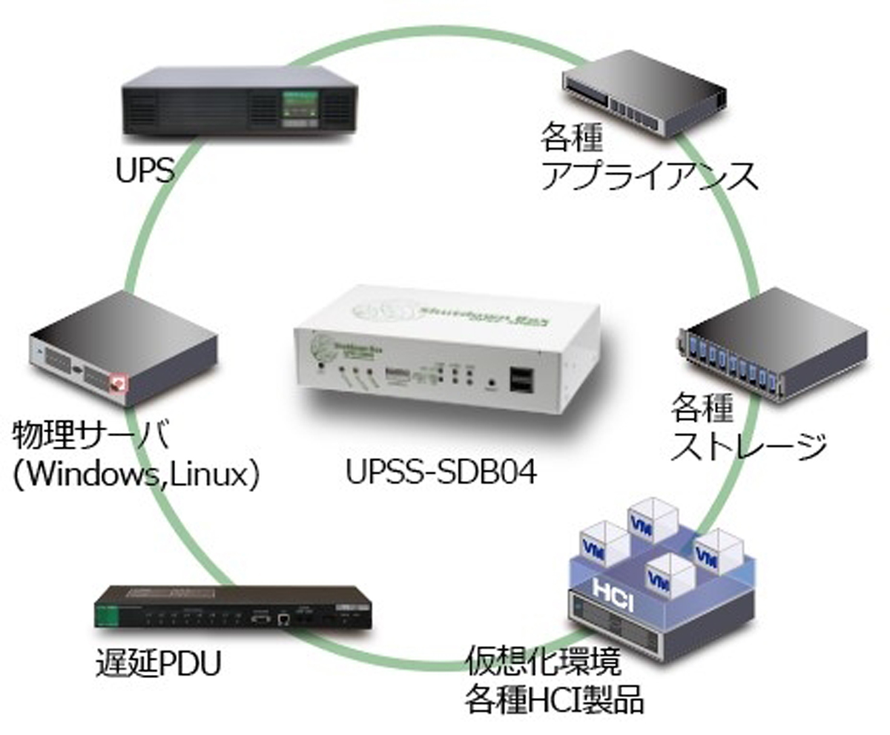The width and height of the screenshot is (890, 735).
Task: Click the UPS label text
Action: tap(145, 171)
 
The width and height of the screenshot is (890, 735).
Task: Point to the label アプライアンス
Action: tap(650, 177)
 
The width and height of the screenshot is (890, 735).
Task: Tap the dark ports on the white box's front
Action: tap(521, 379)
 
